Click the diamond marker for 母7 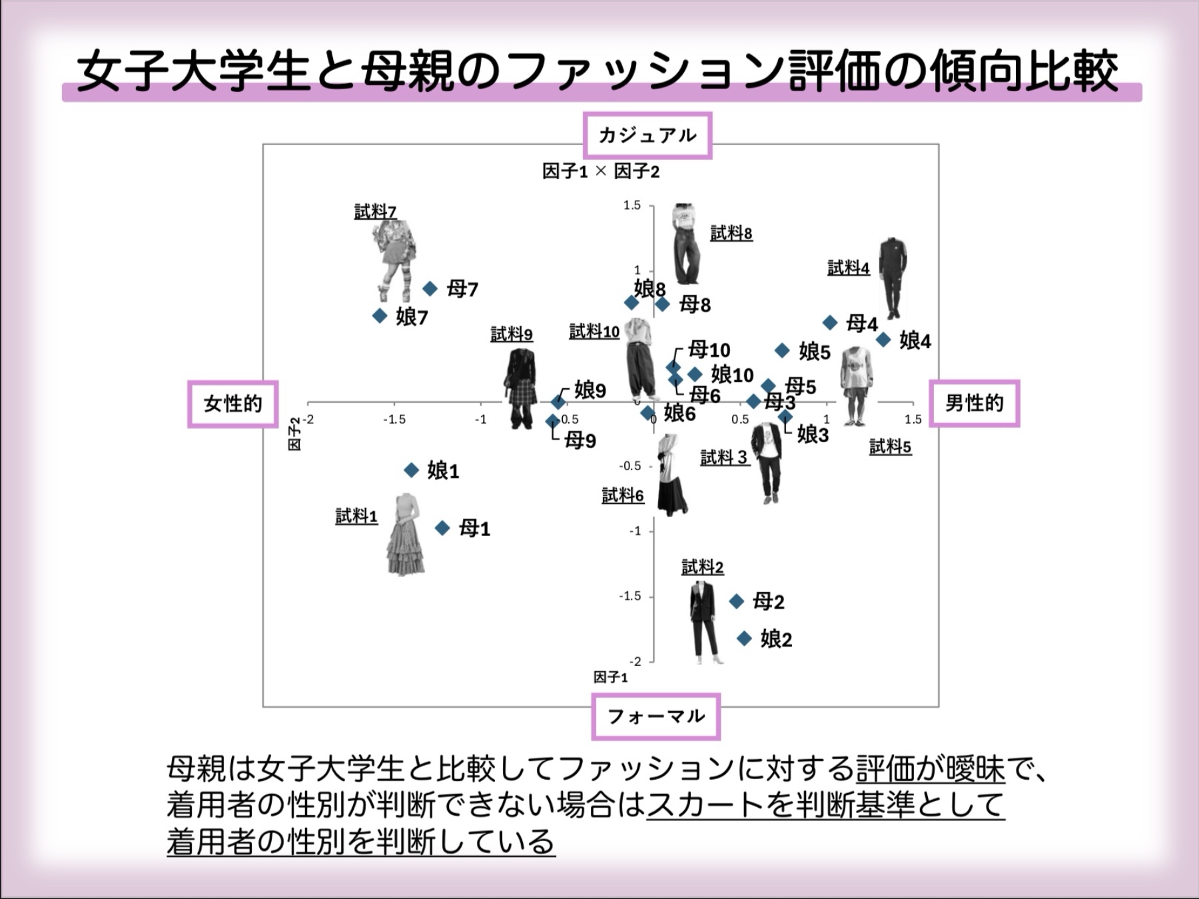click(430, 288)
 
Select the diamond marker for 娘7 click(380, 316)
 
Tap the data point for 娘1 click(412, 470)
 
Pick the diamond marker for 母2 click(736, 601)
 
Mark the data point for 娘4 click(883, 340)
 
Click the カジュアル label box click(647, 135)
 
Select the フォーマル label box click(655, 717)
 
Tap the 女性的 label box click(232, 404)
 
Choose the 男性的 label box click(974, 403)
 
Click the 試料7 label click(375, 212)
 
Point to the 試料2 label click(702, 567)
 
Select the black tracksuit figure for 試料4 click(893, 278)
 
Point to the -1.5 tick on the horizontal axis click(394, 420)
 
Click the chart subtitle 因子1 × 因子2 click(600, 172)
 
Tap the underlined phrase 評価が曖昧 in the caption click(930, 770)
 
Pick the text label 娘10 click(732, 375)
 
